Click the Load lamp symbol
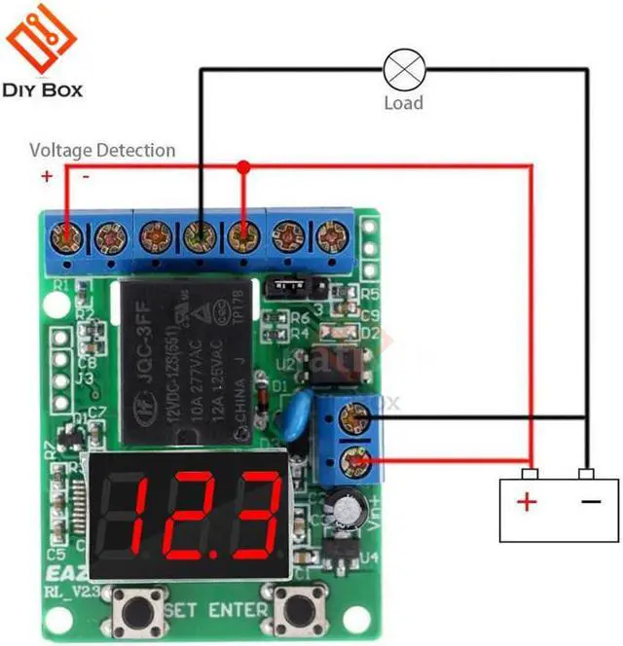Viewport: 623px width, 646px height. coord(402,69)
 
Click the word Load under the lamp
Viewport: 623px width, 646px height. coord(403,101)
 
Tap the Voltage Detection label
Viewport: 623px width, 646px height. coord(102,150)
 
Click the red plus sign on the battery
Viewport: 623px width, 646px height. coord(527,502)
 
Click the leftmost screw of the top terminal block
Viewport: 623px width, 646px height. coord(66,235)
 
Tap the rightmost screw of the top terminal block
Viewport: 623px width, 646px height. coord(330,235)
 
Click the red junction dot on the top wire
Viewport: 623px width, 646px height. coord(243,166)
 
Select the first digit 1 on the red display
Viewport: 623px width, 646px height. coord(141,513)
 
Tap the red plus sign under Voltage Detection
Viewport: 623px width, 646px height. coord(47,176)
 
